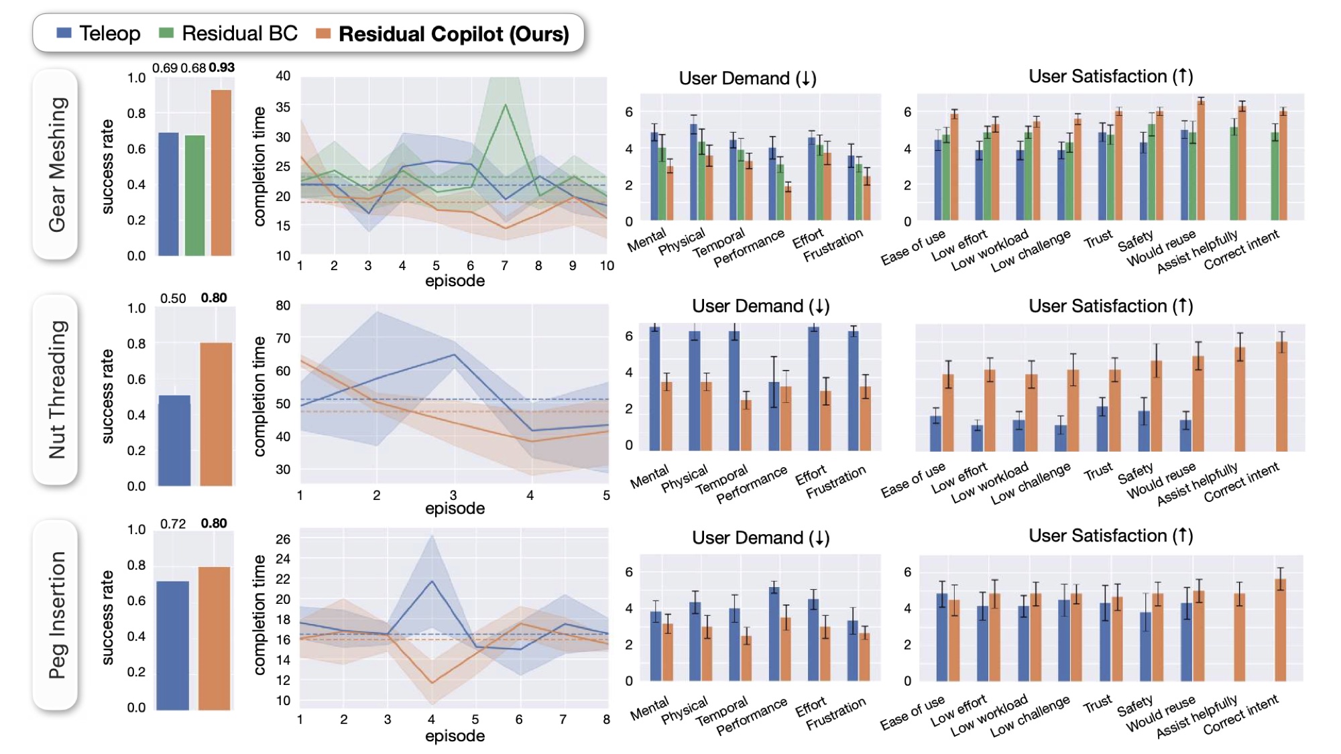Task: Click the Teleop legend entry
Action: click(x=99, y=34)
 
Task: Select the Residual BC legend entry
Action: click(x=229, y=34)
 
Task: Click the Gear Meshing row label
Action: click(x=56, y=165)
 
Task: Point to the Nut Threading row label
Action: click(x=56, y=389)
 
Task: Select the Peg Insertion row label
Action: click(x=56, y=615)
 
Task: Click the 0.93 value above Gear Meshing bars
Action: click(x=221, y=68)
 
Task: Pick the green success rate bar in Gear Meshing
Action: click(x=194, y=195)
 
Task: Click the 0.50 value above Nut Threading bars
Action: click(x=173, y=298)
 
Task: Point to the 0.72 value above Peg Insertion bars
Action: click(x=173, y=523)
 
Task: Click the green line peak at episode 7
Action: click(x=505, y=105)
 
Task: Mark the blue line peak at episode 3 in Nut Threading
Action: click(x=454, y=355)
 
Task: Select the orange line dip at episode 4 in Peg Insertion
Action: click(x=431, y=683)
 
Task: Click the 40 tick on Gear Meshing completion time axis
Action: click(x=283, y=76)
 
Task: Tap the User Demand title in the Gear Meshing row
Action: click(x=747, y=78)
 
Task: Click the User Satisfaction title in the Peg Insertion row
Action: click(x=1110, y=536)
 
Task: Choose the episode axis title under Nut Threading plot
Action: click(x=455, y=508)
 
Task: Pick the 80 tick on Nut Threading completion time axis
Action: click(x=283, y=306)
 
